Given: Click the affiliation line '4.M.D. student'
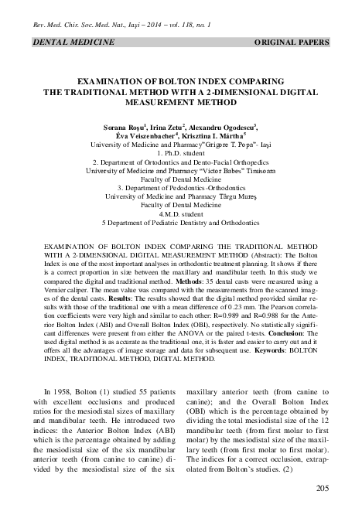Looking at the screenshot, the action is (x=181, y=215).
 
